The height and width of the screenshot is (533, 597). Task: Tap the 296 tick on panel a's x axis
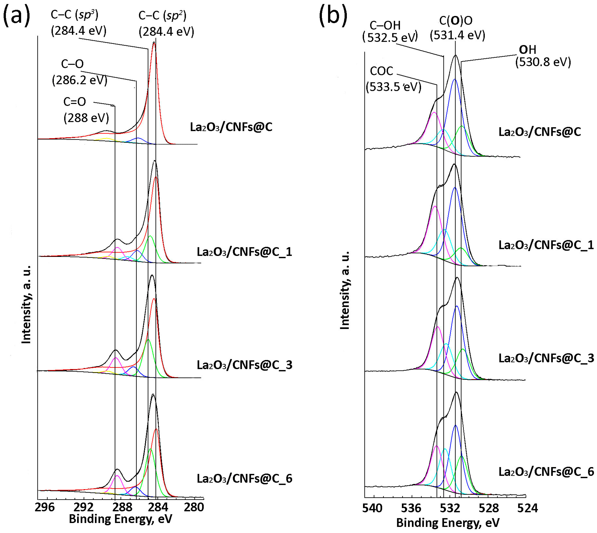[x=44, y=507]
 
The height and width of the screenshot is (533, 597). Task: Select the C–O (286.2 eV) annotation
[x=79, y=72]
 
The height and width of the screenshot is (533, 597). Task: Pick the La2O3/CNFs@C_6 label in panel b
[x=546, y=472]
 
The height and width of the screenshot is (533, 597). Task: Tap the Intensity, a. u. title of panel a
[x=26, y=305]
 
